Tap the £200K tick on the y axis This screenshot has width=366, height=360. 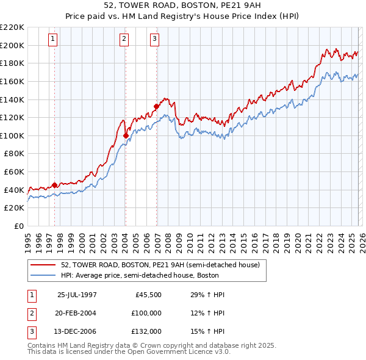(x=12, y=45)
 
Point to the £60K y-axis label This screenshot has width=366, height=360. (x=14, y=172)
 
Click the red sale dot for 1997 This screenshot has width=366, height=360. (x=55, y=185)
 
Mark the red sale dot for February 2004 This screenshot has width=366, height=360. (x=126, y=135)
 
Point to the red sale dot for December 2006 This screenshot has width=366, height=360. (x=156, y=106)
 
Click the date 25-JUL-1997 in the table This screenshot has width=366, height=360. (x=77, y=295)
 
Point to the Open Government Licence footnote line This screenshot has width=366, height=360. (x=129, y=352)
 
